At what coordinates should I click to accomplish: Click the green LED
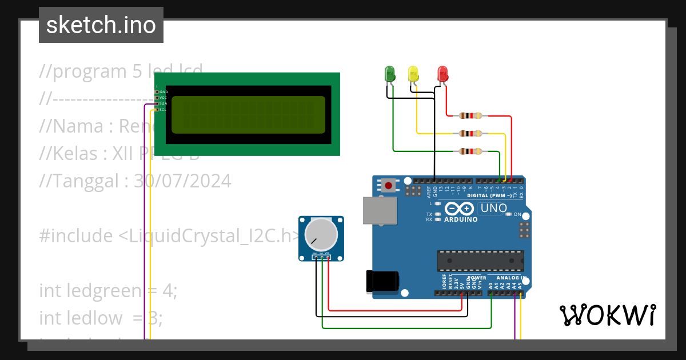point(390,74)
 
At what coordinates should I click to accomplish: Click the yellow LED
point(413,74)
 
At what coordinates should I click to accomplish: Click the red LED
point(442,74)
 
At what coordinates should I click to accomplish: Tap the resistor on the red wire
point(470,116)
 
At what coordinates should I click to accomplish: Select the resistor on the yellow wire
point(470,134)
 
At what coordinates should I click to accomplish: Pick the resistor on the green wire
point(470,151)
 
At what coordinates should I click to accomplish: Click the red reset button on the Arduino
point(389,185)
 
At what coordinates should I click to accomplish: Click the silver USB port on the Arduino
point(379,210)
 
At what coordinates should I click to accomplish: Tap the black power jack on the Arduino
point(382,282)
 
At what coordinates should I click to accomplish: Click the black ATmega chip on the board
point(480,261)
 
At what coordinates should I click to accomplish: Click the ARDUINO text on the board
point(461,219)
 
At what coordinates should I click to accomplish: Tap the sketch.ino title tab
point(101,25)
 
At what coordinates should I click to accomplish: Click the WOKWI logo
point(607,315)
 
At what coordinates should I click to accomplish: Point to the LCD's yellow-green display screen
point(248,114)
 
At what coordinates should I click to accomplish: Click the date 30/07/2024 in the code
point(182,181)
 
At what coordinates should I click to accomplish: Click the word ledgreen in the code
point(102,291)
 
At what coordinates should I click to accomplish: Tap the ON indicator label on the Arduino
point(517,214)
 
